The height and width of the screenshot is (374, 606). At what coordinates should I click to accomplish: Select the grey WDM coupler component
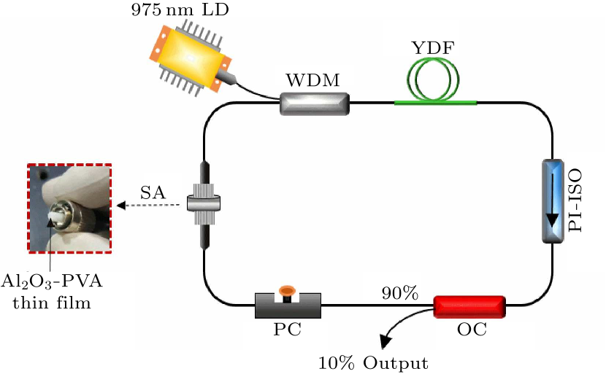[x=315, y=104]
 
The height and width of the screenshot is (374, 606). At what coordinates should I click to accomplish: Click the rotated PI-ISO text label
[x=578, y=200]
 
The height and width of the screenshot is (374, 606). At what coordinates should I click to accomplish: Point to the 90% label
[x=399, y=293]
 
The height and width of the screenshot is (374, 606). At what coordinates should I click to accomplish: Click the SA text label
[x=153, y=192]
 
